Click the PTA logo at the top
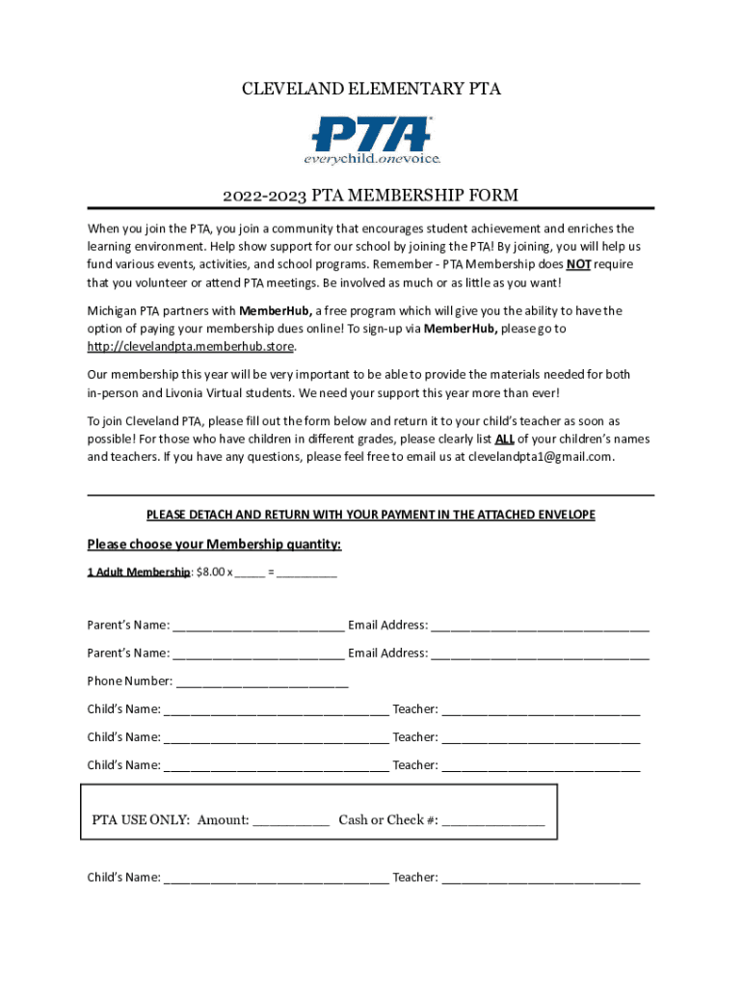[371, 140]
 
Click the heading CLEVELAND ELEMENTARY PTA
[371, 90]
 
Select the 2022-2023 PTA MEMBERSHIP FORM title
[371, 196]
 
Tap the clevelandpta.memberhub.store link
[191, 346]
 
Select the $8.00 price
[209, 572]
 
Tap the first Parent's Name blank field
[258, 626]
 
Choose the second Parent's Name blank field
[258, 654]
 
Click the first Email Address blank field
[540, 626]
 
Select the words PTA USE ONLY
[141, 820]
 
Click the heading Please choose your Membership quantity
[214, 545]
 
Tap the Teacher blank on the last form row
[541, 878]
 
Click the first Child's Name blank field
[277, 710]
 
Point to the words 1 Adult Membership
[138, 572]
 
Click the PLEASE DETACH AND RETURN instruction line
[371, 515]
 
